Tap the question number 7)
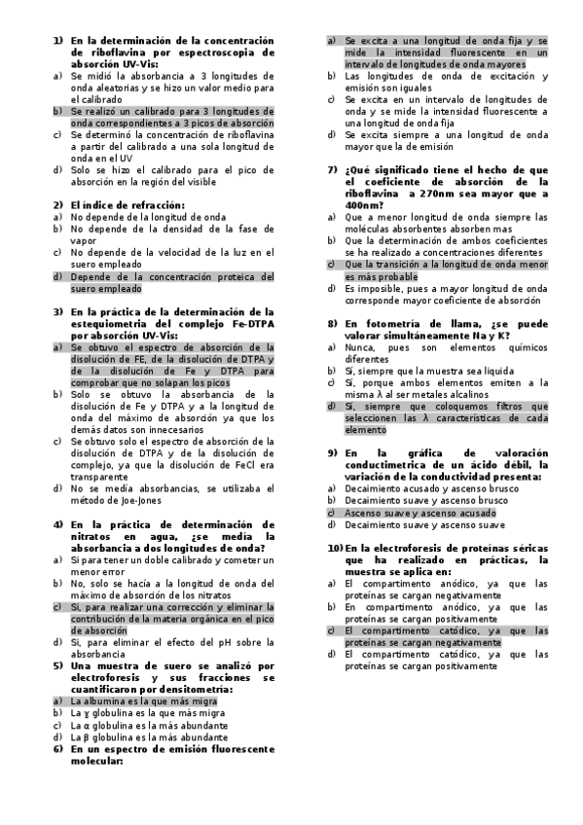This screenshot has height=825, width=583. point(331,169)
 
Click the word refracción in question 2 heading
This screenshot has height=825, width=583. point(145,205)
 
